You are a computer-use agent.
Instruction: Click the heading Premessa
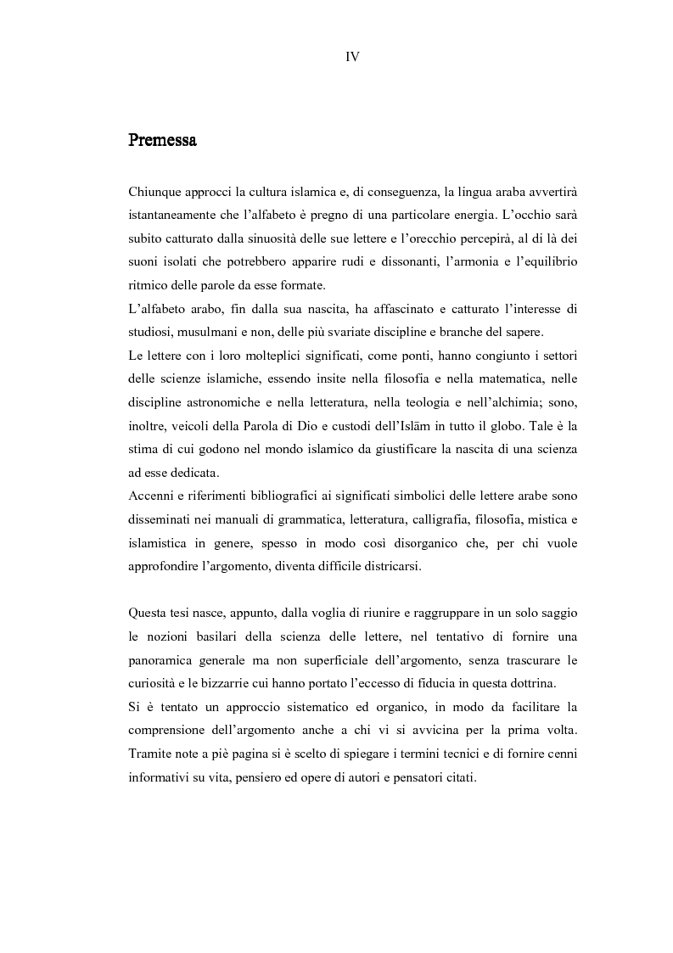tap(162, 140)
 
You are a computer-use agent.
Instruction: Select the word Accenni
tap(152, 496)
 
